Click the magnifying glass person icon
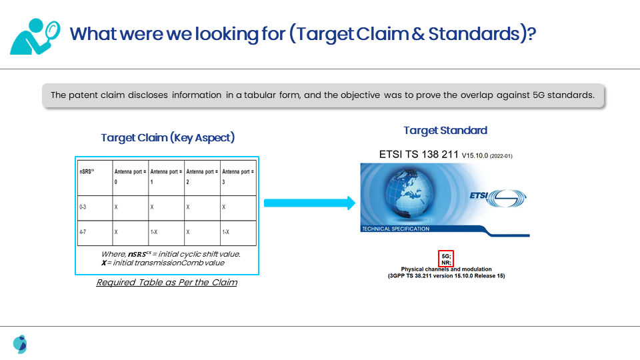35,36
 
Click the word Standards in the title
474,33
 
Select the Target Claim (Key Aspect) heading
168,137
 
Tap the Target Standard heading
445,131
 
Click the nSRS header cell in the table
95,177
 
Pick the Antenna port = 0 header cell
131,177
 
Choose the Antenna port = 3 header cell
239,177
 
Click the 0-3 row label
83,207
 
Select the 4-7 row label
83,232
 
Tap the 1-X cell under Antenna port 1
154,232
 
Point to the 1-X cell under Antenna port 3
226,232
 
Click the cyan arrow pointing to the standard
310,203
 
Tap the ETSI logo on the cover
498,198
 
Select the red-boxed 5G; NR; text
446,259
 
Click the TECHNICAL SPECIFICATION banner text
395,229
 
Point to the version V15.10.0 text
475,155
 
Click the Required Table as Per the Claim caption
167,283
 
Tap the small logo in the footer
20,344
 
